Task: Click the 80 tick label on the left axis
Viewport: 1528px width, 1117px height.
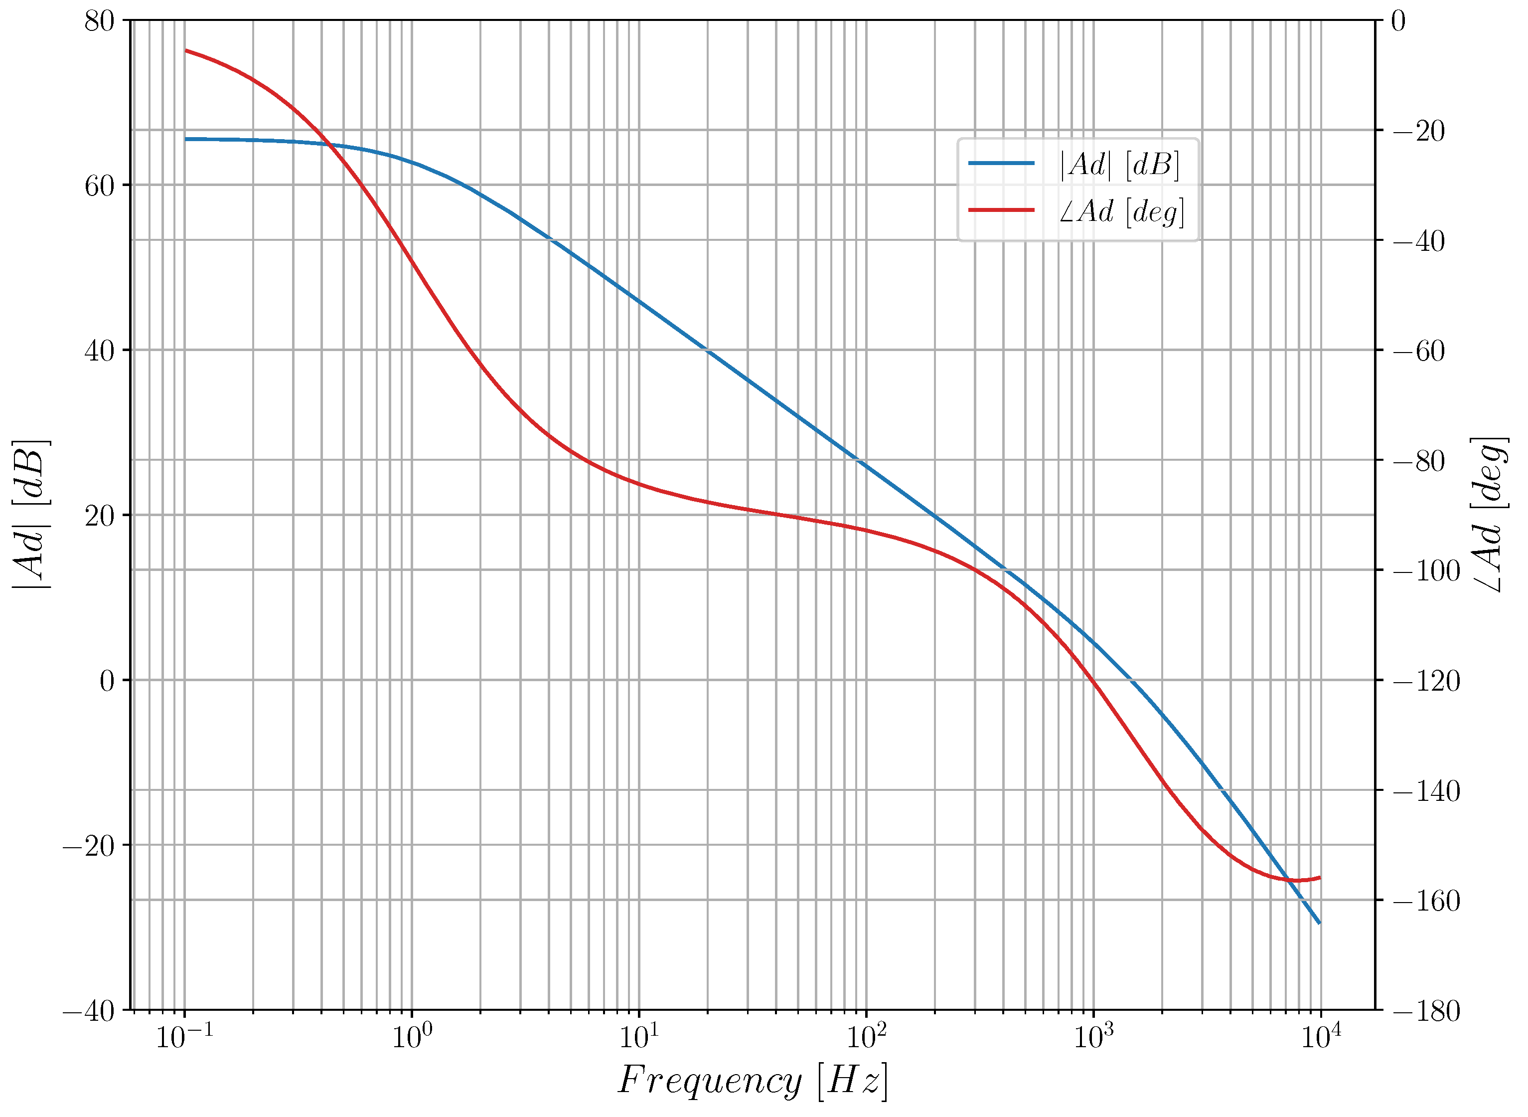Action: click(99, 21)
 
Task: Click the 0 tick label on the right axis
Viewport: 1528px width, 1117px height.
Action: click(1398, 21)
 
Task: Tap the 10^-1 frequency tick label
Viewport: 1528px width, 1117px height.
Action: click(184, 1037)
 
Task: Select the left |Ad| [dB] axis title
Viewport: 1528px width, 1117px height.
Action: click(30, 515)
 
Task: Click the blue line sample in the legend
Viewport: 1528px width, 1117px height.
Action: click(1002, 163)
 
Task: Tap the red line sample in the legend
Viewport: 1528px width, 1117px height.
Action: click(1002, 210)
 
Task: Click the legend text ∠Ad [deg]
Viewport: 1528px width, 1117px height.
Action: click(1121, 211)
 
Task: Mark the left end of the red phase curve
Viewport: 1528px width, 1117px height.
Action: click(186, 50)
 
